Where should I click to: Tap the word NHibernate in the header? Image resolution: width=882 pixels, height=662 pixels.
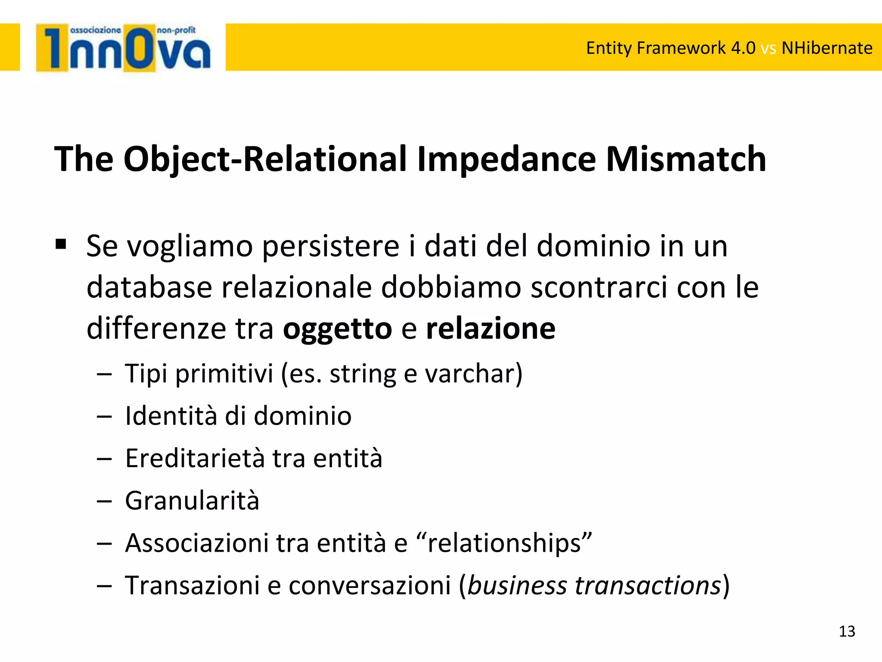pyautogui.click(x=827, y=48)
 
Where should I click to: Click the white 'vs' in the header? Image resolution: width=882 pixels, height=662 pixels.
pyautogui.click(x=768, y=48)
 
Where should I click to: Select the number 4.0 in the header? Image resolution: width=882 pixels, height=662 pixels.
pyautogui.click(x=743, y=48)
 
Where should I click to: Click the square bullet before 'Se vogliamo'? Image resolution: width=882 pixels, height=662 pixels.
pyautogui.click(x=61, y=245)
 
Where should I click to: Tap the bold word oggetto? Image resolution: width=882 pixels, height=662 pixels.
pyautogui.click(x=337, y=329)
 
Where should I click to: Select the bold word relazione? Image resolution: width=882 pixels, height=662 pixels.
pyautogui.click(x=491, y=329)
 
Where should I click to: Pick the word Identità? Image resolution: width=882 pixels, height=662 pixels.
pyautogui.click(x=171, y=416)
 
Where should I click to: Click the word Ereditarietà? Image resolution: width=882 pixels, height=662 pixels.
pyautogui.click(x=195, y=458)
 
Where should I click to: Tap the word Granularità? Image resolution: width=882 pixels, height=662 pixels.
pyautogui.click(x=192, y=501)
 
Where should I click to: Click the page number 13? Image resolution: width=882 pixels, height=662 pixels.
pyautogui.click(x=847, y=631)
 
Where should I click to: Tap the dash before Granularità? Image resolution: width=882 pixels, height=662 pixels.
pyautogui.click(x=104, y=502)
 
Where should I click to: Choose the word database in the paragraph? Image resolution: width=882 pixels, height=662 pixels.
pyautogui.click(x=149, y=287)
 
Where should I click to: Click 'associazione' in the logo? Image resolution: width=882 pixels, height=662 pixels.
pyautogui.click(x=95, y=30)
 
